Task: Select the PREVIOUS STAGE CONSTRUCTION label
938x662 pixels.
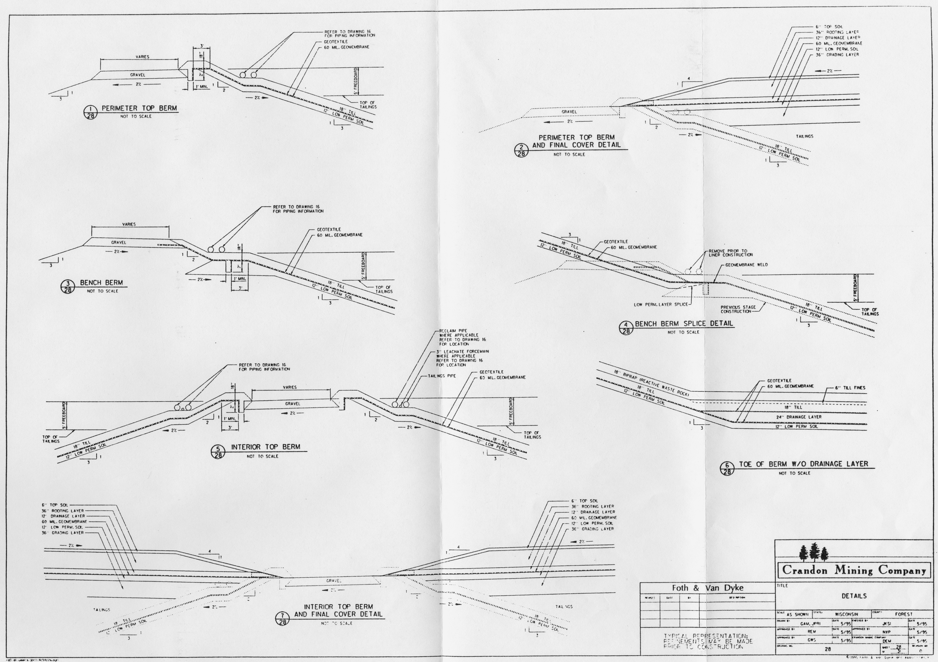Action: coord(738,309)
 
